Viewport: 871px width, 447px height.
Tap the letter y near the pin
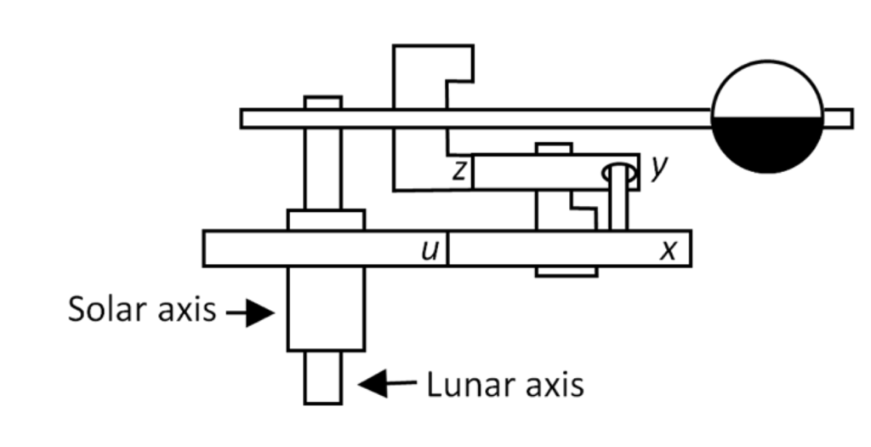[x=657, y=169]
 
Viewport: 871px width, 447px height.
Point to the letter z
[x=459, y=172]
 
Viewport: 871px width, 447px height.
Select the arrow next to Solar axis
[x=250, y=312]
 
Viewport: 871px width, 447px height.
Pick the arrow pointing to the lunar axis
[x=387, y=384]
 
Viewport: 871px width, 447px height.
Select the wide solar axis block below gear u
[x=326, y=307]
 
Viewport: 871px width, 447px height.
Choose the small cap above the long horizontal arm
[x=323, y=102]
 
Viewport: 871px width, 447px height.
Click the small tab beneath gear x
[x=566, y=272]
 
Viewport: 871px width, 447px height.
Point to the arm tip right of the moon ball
[x=839, y=118]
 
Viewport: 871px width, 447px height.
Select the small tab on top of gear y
[x=554, y=148]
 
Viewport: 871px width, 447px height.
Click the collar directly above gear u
[x=326, y=220]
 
